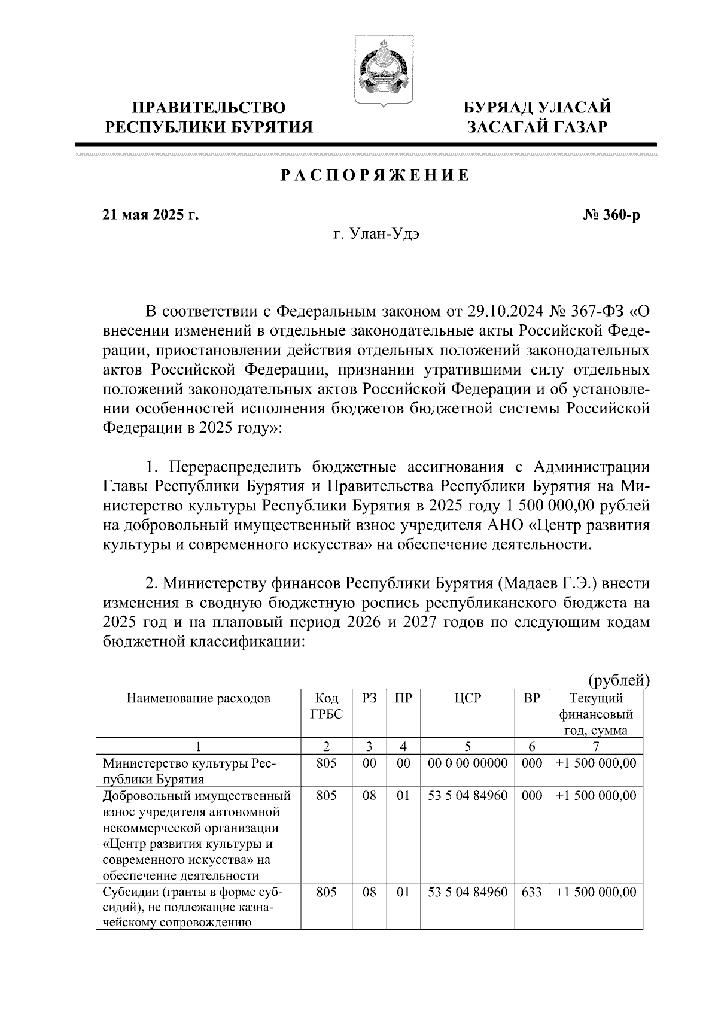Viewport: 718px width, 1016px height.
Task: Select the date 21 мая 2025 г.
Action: pos(150,215)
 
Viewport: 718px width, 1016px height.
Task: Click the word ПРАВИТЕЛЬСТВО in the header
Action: pos(209,108)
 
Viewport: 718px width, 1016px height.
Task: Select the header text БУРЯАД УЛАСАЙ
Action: pos(538,108)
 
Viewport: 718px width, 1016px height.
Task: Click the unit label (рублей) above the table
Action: pos(618,680)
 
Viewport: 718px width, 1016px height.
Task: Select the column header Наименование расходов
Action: pos(198,698)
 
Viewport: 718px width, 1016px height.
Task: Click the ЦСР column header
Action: pos(467,698)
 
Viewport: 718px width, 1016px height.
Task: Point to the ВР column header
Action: pos(531,698)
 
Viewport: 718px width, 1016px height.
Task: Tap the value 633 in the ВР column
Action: pos(531,892)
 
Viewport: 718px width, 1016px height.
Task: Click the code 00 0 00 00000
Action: pos(468,763)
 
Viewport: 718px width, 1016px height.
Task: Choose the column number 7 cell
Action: pos(595,746)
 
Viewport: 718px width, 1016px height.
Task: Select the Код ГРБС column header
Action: pos(326,706)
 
